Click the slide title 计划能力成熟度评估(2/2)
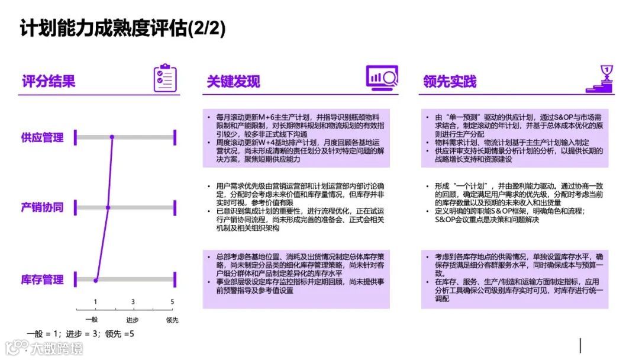click(x=123, y=28)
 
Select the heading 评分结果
click(x=49, y=81)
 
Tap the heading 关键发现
click(x=233, y=81)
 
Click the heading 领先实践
click(x=450, y=81)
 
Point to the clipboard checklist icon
click(x=165, y=78)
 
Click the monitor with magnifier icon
click(x=382, y=78)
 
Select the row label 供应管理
click(x=42, y=138)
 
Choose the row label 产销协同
click(x=42, y=208)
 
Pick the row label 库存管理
click(x=42, y=279)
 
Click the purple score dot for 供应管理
click(x=112, y=138)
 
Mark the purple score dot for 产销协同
click(x=108, y=208)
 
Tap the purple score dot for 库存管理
click(x=95, y=279)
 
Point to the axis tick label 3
click(x=133, y=302)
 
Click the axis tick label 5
click(x=172, y=302)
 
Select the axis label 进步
click(x=133, y=320)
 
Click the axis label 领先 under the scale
click(x=172, y=320)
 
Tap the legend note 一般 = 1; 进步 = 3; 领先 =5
click(x=80, y=334)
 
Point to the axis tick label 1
click(x=95, y=302)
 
